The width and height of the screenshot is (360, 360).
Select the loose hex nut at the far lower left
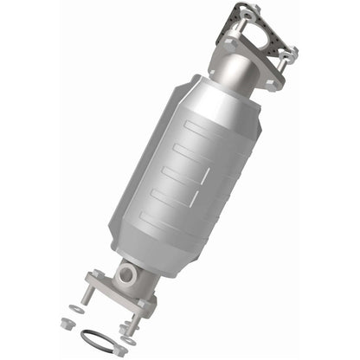[x=66, y=322]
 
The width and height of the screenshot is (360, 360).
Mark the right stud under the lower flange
[x=135, y=322]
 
